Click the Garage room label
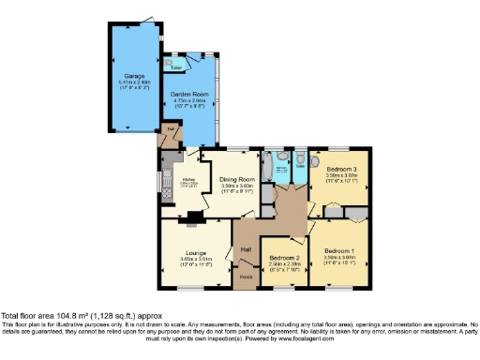click(133, 75)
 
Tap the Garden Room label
click(188, 94)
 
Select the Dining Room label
click(237, 179)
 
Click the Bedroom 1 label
click(338, 251)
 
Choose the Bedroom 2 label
click(283, 258)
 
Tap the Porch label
click(247, 277)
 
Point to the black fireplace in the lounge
click(193, 221)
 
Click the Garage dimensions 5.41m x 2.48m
click(133, 82)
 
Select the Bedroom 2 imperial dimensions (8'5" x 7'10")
click(283, 271)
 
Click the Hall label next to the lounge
click(246, 249)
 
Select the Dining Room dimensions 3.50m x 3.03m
click(237, 186)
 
